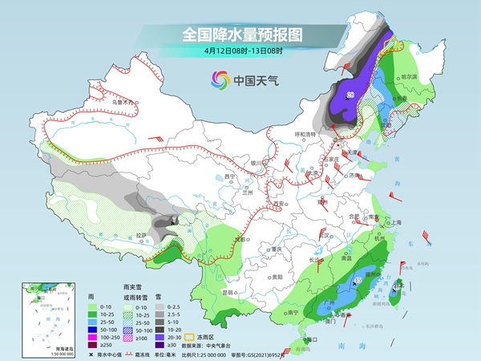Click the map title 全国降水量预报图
point(240,34)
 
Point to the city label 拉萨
point(142,234)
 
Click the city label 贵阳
point(254,275)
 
